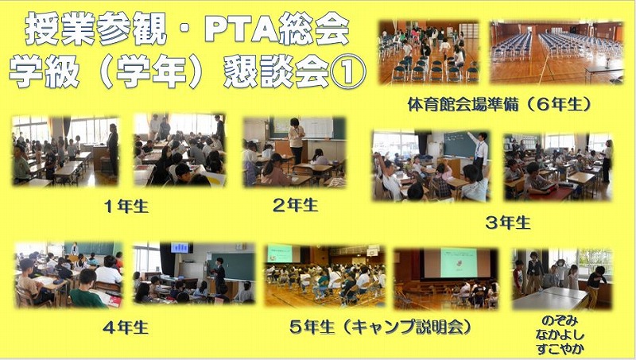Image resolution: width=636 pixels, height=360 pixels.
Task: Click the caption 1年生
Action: pos(126,207)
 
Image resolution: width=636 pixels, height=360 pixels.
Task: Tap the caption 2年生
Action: pos(295,205)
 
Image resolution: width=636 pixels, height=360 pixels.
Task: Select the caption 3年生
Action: pos(508,223)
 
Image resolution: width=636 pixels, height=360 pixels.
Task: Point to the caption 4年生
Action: pos(126,327)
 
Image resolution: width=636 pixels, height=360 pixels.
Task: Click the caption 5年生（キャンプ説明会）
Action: pos(381,327)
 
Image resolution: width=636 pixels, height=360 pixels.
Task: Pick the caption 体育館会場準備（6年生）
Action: pos(499,105)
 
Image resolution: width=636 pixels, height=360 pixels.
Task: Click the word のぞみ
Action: pos(560,321)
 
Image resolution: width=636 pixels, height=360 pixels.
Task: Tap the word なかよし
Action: pos(560,335)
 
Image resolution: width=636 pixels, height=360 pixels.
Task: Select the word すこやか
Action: pos(560,349)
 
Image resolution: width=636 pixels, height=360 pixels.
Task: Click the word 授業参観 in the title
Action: pos(95,29)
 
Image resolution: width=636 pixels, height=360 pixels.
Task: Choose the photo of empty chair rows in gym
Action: pos(556,52)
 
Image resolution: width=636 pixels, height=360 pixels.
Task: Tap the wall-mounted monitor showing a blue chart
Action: pos(180,247)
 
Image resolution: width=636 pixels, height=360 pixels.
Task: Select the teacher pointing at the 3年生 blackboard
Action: pos(480,152)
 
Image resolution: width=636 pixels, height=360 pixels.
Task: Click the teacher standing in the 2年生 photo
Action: pos(297,141)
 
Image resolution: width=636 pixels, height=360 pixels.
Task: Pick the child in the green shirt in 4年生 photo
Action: pos(86,290)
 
